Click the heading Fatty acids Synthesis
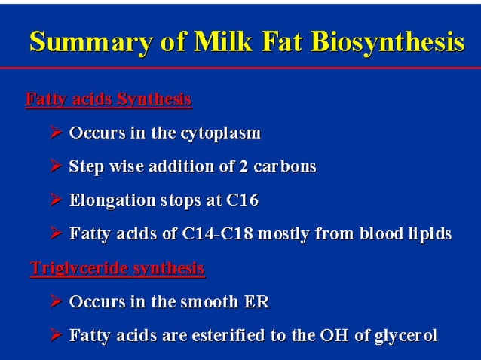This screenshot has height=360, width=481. coord(108,99)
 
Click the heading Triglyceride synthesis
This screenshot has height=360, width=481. coord(117,268)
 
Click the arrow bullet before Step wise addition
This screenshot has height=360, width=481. coord(56,166)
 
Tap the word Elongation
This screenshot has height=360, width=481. coord(108,200)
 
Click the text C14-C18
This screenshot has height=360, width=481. coord(218,234)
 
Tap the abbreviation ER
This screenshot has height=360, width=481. coord(256,302)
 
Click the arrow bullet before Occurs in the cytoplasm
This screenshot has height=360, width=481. coord(56,133)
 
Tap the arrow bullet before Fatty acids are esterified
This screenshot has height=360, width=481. coord(56,336)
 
